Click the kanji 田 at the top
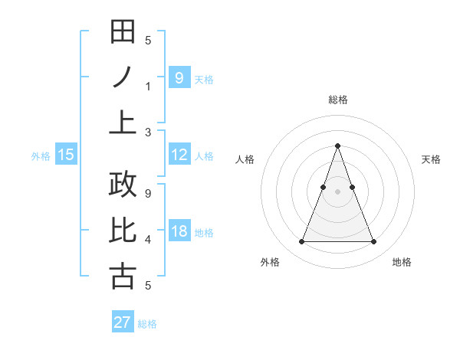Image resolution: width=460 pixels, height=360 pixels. [123, 32]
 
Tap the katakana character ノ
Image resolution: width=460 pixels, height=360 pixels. [123, 77]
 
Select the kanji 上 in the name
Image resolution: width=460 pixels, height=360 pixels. [123, 122]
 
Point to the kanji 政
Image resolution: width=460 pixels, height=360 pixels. [123, 185]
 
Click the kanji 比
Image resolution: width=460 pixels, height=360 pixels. [123, 231]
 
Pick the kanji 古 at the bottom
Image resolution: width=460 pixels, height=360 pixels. [123, 276]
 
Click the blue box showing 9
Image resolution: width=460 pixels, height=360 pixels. [179, 77]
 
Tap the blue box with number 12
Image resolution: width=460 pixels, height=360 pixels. [179, 155]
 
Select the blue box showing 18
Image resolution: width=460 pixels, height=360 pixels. [179, 231]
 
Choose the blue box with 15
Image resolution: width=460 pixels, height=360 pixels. [66, 155]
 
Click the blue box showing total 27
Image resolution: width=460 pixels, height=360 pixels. [123, 322]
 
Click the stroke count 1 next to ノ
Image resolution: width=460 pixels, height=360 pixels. [148, 86]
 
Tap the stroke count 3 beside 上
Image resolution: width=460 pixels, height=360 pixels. [148, 132]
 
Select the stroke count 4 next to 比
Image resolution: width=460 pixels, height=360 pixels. [148, 240]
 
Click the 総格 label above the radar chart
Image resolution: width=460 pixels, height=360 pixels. [338, 100]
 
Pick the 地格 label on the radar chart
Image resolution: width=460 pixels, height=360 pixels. [402, 262]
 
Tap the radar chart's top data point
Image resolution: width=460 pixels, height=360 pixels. [338, 146]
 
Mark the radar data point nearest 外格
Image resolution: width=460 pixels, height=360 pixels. [301, 242]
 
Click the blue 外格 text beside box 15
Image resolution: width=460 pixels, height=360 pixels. [41, 155]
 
